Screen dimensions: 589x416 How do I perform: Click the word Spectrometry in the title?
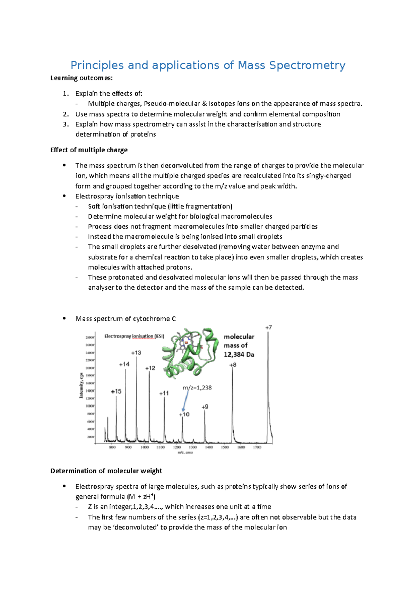307,65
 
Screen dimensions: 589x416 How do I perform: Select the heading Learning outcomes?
81,78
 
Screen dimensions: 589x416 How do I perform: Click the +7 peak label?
269,327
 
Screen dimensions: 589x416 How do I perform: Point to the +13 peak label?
136,353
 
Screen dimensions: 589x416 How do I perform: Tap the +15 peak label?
116,391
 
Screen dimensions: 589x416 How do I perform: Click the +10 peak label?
184,415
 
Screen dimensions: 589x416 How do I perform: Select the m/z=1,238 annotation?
197,387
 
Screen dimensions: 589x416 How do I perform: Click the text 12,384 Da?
239,355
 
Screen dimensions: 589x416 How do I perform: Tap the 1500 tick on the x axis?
225,447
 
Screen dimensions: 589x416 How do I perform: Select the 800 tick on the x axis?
112,447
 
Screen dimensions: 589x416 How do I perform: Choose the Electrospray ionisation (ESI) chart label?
134,336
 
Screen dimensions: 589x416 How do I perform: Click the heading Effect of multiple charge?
89,150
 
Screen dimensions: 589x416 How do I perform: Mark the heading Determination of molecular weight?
106,471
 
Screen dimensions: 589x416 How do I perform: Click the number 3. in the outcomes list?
66,124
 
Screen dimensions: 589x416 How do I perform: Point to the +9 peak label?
205,407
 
